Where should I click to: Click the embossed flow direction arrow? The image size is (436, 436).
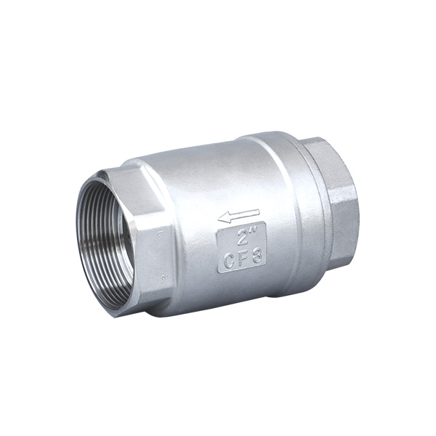point(239,215)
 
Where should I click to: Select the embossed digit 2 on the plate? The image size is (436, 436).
point(238,236)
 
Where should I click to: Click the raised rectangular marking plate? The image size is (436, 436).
point(241,246)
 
